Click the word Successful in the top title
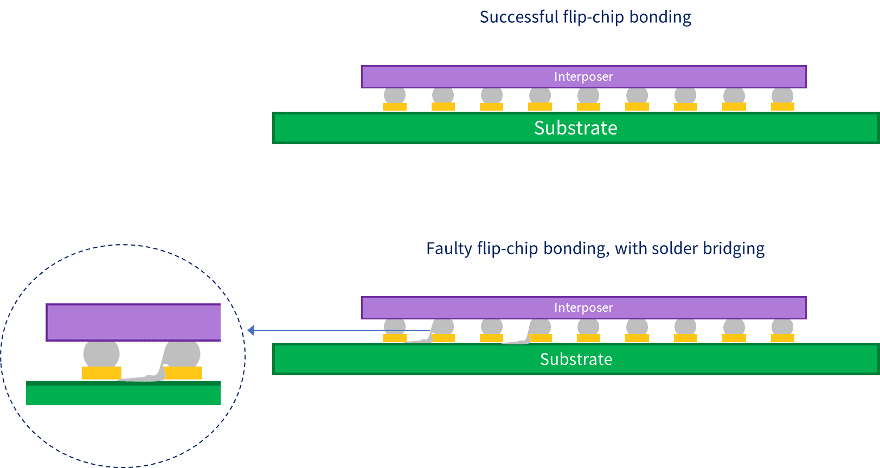pos(518,17)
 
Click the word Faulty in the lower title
pos(449,248)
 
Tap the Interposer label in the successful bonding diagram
pos(583,76)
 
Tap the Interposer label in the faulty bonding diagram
pos(583,307)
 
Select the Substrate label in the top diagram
pos(575,128)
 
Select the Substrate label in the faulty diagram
pos(576,359)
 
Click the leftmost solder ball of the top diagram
pos(395,95)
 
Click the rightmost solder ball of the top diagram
pos(782,95)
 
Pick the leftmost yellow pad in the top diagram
pos(395,107)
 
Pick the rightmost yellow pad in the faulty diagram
pos(782,338)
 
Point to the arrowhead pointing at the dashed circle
pos(251,330)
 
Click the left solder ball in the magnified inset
pos(101,354)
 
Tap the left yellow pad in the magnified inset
pos(101,373)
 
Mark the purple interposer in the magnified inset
pos(133,322)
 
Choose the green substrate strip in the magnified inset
pos(123,394)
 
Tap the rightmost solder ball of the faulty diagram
pos(782,326)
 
